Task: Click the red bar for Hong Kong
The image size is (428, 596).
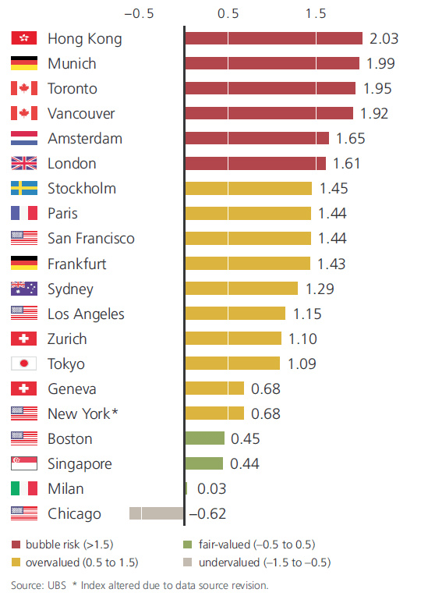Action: (274, 38)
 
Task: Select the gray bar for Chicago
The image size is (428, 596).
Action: (157, 513)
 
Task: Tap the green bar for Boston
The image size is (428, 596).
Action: (205, 438)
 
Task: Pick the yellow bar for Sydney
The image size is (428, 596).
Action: (242, 289)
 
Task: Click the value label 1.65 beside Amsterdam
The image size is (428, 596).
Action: (350, 138)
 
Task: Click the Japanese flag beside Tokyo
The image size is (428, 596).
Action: (24, 364)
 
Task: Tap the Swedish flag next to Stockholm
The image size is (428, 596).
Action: (24, 188)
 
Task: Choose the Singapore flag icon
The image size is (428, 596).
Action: (24, 463)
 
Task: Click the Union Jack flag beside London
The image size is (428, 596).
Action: (24, 163)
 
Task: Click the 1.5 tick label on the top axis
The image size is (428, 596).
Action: (316, 12)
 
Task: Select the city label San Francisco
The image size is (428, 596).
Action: (90, 238)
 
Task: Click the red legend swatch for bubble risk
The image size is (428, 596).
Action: (16, 545)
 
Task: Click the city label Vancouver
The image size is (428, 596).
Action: (81, 113)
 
